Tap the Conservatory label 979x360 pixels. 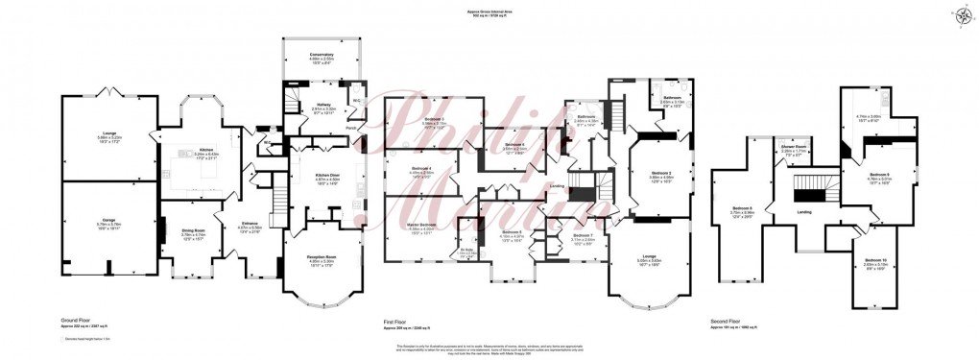click(x=322, y=56)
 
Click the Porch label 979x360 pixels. click(x=351, y=126)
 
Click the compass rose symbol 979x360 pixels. click(x=963, y=13)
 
